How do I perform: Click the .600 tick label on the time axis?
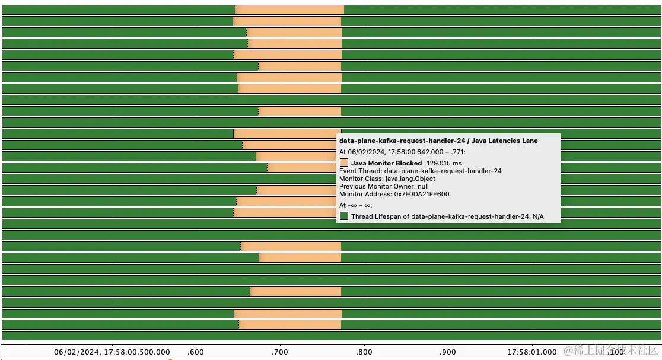tap(195, 352)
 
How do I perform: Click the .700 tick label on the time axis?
tap(279, 352)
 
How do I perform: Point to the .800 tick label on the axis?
tap(364, 352)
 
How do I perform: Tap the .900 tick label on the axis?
tap(448, 352)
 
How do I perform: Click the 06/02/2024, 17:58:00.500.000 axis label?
tap(112, 352)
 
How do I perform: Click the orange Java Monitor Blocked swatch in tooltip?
tap(344, 163)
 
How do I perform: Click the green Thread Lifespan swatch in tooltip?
tap(344, 216)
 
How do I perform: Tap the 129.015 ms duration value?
tap(444, 163)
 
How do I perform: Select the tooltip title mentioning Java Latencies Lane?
tap(438, 141)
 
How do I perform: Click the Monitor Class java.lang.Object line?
tap(387, 179)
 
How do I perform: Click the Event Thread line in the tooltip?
tap(421, 171)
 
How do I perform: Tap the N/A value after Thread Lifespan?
tap(538, 217)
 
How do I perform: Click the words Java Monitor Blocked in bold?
tap(386, 163)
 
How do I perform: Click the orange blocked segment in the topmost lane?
tap(289, 9)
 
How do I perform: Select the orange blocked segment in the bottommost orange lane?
tap(289, 324)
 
